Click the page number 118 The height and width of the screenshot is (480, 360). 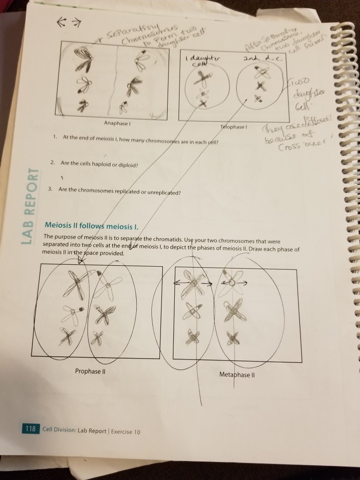(32, 428)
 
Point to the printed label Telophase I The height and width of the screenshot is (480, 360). (233, 128)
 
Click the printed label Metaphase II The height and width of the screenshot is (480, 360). (238, 374)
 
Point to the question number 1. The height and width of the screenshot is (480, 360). (55, 137)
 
